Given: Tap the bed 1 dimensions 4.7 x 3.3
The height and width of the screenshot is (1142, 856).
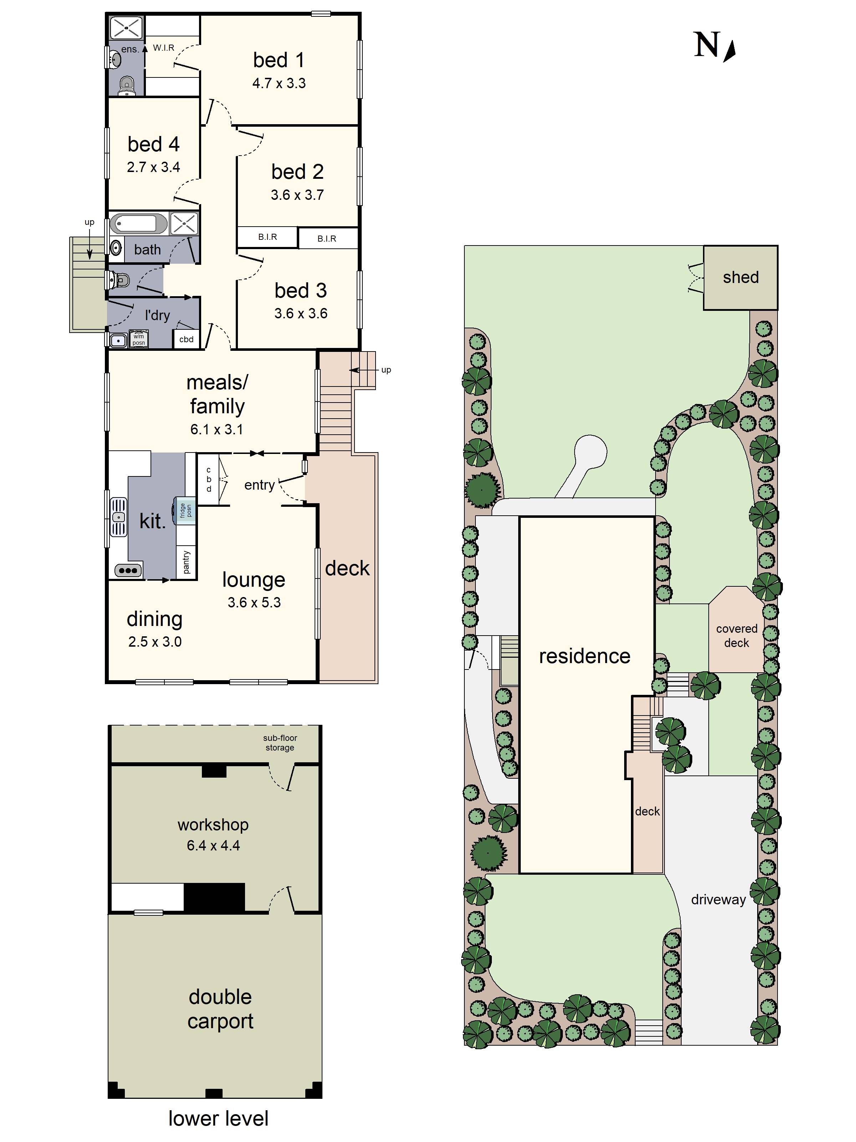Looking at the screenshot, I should pos(279,83).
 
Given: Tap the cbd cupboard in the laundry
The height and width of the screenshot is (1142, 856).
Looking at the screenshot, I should pos(186,339).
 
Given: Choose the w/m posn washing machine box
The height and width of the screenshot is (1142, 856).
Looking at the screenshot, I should pos(138,339).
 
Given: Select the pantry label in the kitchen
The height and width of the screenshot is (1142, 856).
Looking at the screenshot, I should pos(186,562).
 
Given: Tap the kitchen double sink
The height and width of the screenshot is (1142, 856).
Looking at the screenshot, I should pos(119,517).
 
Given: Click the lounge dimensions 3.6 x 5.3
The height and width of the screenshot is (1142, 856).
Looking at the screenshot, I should pos(254,602).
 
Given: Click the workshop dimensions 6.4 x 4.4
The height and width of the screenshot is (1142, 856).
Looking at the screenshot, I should pos(213,845).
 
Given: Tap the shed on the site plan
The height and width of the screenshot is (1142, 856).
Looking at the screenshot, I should pos(740,277).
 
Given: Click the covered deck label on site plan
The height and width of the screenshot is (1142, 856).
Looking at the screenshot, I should pos(736,636).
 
